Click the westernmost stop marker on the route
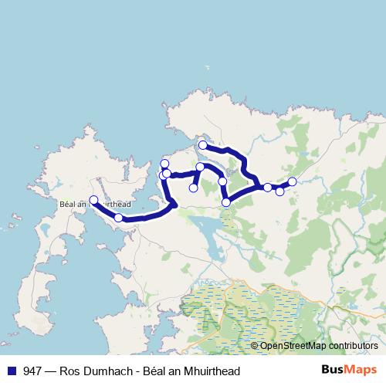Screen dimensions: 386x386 [93, 200]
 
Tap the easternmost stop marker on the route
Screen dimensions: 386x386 [292, 181]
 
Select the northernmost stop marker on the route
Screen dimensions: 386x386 [202, 145]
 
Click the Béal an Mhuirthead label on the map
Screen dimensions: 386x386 [84, 205]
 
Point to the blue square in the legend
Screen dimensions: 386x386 [11, 371]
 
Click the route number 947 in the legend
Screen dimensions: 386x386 [32, 371]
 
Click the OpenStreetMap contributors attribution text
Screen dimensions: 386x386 [318, 347]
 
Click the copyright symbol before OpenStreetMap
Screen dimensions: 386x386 [255, 347]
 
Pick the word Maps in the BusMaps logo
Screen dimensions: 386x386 [363, 371]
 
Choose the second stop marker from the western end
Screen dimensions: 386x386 [118, 218]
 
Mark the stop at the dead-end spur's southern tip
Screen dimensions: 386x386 [194, 188]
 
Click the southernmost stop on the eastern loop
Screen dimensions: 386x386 [226, 202]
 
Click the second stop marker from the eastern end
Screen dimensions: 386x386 [279, 191]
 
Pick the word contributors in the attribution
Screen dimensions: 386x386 [350, 347]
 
